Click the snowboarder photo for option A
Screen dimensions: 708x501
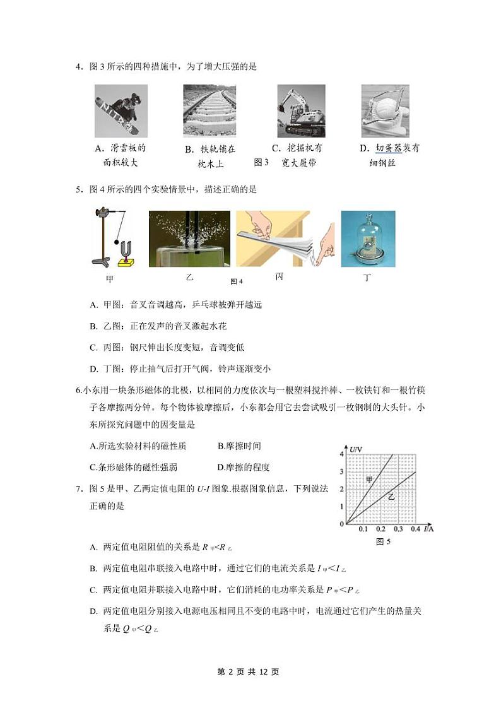121,111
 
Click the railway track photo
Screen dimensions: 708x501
209,111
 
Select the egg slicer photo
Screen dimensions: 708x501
386,111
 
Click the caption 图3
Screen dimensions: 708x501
261,163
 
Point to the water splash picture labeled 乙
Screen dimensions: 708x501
189,239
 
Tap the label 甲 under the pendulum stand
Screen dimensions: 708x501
111,278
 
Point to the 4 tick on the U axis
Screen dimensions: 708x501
341,454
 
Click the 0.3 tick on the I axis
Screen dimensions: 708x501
398,529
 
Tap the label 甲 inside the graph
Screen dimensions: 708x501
370,480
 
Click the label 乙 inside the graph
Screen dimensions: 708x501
391,497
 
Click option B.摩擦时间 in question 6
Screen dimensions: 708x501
239,446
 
